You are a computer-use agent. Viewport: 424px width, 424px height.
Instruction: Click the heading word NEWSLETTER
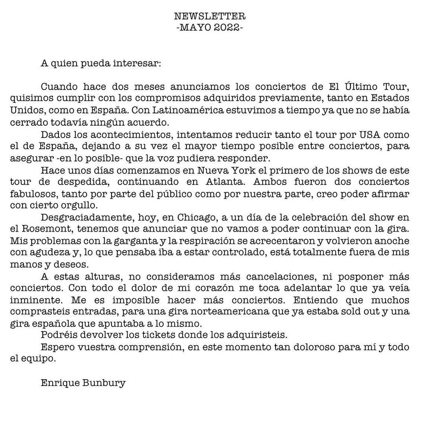pyautogui.click(x=210, y=16)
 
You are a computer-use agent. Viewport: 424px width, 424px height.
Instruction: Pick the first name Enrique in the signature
pyautogui.click(x=60, y=383)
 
